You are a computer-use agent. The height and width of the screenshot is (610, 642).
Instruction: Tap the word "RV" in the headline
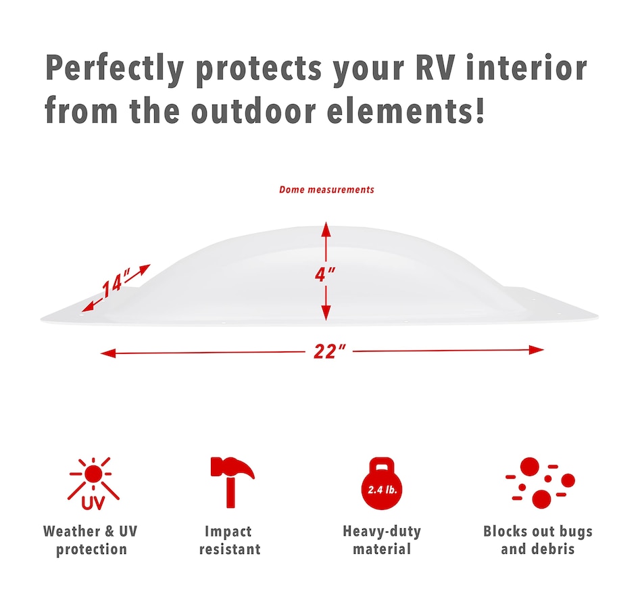(x=435, y=67)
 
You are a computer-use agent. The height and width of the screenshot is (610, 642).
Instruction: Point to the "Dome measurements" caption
(x=326, y=190)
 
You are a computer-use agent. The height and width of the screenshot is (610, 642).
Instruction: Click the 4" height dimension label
(x=325, y=274)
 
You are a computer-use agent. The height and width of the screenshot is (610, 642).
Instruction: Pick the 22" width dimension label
(x=330, y=351)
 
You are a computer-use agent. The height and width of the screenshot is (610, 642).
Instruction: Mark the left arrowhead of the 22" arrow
(x=108, y=353)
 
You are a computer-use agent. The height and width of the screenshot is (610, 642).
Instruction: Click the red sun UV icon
(x=94, y=484)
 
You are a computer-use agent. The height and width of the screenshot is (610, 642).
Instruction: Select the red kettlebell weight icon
(x=382, y=484)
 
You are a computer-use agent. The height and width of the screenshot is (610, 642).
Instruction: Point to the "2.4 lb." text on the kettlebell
(x=382, y=490)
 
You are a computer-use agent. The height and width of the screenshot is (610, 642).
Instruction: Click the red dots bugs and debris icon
(x=541, y=483)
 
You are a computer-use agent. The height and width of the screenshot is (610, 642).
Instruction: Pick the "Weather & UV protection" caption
(x=91, y=540)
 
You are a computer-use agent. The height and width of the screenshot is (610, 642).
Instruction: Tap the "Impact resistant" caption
(x=230, y=540)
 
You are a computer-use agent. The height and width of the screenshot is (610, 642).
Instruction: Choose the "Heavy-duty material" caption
(x=382, y=540)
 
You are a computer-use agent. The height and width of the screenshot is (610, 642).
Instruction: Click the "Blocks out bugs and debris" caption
(x=538, y=540)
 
